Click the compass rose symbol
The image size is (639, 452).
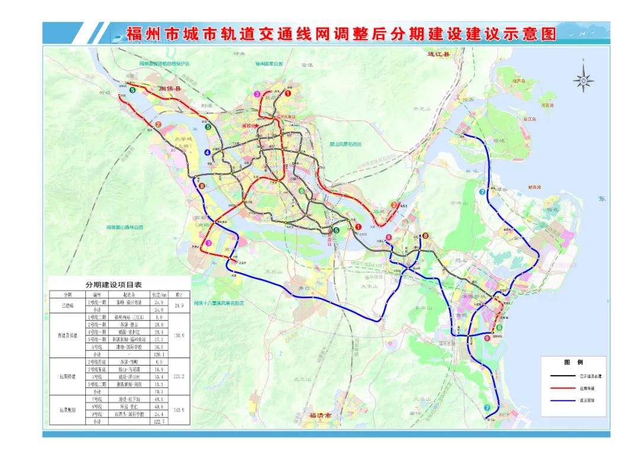[583, 80]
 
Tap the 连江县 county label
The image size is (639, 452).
[438, 54]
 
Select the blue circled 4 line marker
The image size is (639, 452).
[208, 153]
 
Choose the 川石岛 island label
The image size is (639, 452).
[546, 105]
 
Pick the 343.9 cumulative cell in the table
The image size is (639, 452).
[179, 410]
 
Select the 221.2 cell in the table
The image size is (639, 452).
[179, 376]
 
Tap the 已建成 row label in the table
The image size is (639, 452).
[68, 306]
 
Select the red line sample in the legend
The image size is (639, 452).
[564, 388]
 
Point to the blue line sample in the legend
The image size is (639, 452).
[564, 401]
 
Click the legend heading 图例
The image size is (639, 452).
[573, 362]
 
